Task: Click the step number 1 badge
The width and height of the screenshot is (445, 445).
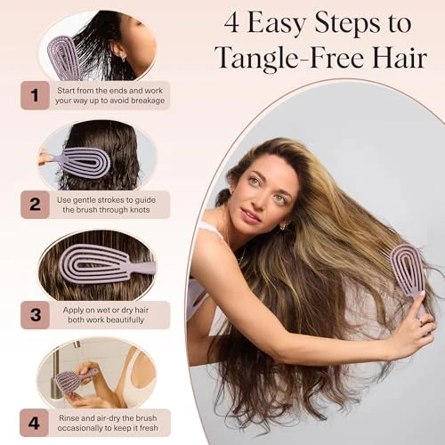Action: point(35,95)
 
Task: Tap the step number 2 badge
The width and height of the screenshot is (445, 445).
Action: point(35,205)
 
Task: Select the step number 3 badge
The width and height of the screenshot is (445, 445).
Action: point(35,315)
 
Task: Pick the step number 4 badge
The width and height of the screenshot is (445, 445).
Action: point(34,423)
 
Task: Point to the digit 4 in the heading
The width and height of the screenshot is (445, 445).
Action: point(231,23)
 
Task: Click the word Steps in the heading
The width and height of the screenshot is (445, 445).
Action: point(347,24)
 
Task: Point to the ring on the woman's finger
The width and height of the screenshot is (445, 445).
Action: point(420,320)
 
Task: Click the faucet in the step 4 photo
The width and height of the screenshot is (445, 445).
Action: point(60,371)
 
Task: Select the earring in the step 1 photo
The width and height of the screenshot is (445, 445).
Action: point(123,61)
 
